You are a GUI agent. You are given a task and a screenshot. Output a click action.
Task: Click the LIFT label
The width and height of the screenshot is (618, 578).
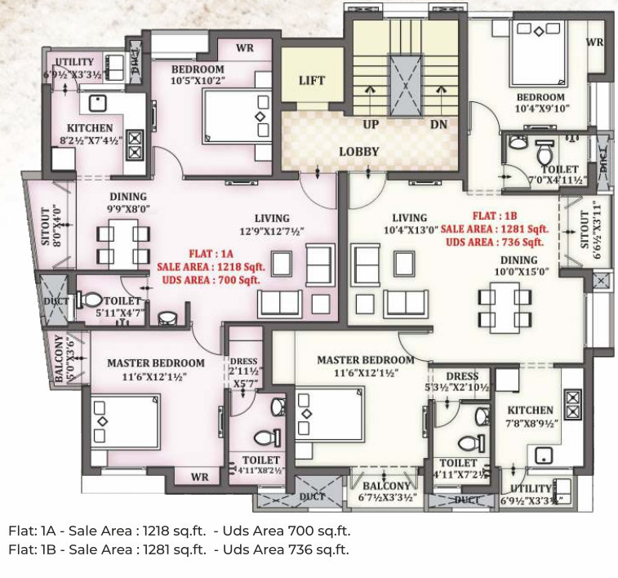[x=311, y=80]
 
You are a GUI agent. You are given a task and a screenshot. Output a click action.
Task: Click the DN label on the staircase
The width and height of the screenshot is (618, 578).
[x=438, y=124]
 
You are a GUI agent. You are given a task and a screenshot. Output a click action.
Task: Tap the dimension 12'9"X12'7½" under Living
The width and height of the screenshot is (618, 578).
[x=271, y=231]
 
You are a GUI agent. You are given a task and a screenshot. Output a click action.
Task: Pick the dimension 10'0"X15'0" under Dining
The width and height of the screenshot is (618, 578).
[x=527, y=271]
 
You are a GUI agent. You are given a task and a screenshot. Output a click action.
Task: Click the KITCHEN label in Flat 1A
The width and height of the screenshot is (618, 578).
[x=90, y=128]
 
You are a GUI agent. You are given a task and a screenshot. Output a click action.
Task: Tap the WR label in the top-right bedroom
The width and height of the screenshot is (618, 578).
[x=594, y=42]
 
